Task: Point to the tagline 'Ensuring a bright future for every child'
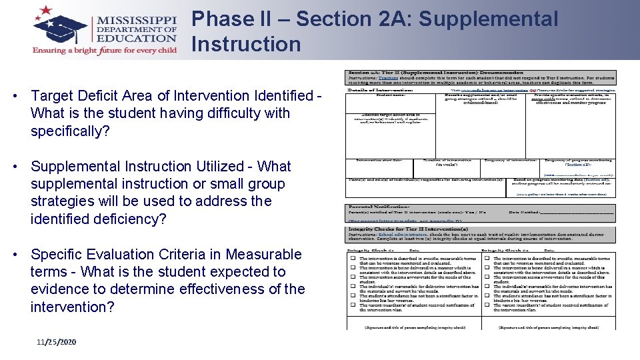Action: coord(105,50)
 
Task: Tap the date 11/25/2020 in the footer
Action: coord(57,342)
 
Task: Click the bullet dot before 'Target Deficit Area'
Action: coord(15,97)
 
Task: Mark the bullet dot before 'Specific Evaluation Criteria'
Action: coord(15,255)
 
